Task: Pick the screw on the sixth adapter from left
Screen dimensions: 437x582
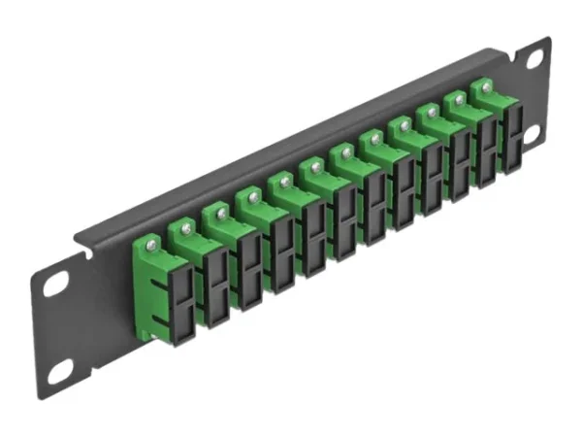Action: pos(341,153)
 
